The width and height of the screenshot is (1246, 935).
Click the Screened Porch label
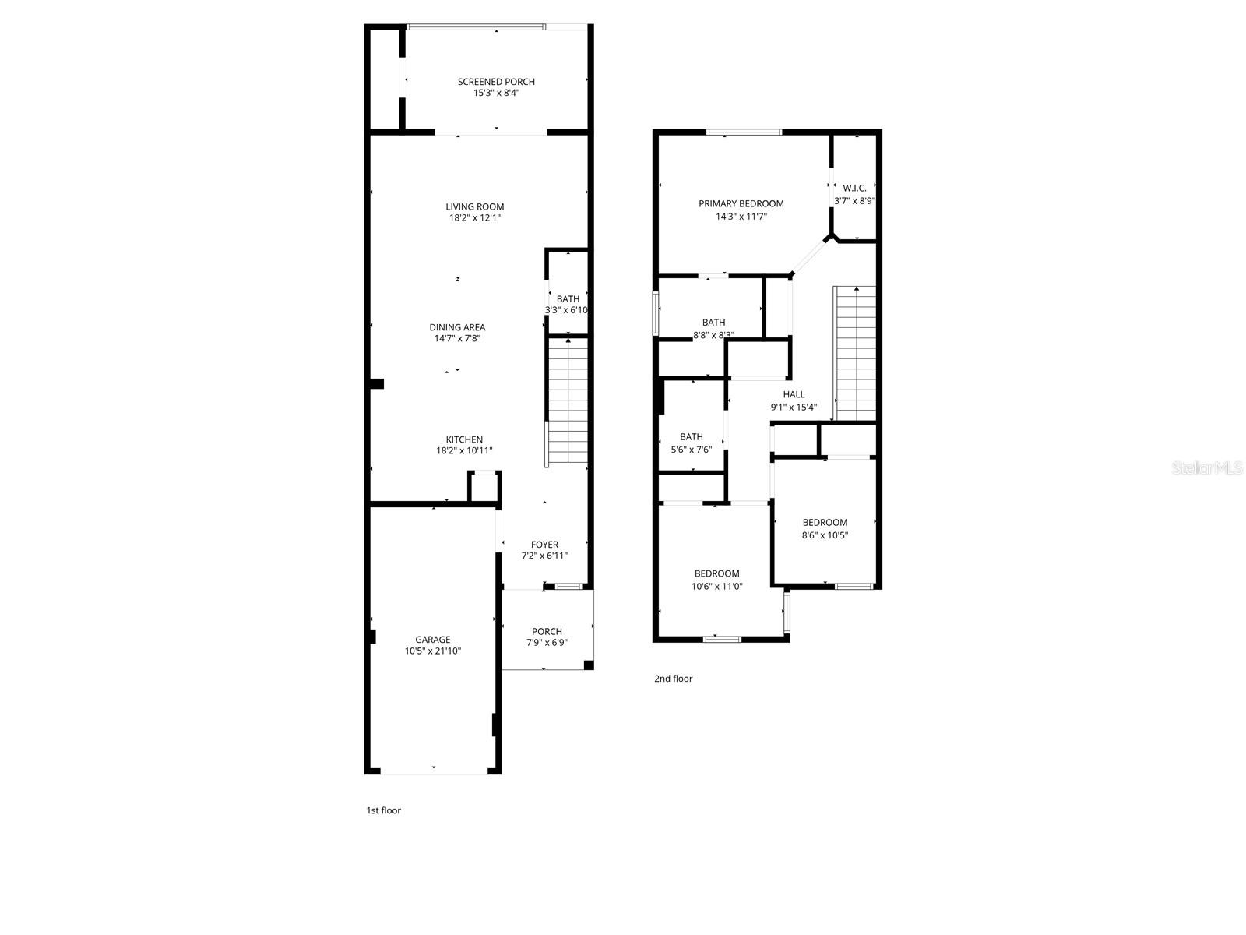coord(496,82)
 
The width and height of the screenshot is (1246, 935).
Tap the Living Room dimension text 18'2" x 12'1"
coord(475,218)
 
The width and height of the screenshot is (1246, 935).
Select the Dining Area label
coord(457,327)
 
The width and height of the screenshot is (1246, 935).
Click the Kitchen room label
coord(464,439)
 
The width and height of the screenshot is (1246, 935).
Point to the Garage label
coord(432,640)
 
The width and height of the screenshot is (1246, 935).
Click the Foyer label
coord(544,545)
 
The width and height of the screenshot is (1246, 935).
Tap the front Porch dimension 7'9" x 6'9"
coord(547,643)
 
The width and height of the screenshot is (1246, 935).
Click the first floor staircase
coord(568,401)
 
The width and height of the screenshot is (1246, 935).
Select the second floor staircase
coord(855,355)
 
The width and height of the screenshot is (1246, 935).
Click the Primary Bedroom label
coord(741,203)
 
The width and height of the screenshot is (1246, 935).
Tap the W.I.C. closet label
coord(854,188)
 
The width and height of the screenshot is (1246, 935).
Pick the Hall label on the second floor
coord(794,394)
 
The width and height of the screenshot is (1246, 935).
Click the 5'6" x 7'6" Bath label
coord(691,437)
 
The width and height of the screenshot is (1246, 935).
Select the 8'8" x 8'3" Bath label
coord(713,323)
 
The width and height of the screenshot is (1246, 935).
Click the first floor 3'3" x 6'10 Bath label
coord(568,299)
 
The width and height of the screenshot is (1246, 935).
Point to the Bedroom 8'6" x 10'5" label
coord(825,522)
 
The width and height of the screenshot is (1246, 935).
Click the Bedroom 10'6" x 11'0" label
coord(717,573)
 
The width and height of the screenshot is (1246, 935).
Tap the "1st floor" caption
coord(384,810)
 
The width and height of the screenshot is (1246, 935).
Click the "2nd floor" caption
coord(673,679)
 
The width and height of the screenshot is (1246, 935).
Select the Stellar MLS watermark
coord(1208,467)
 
